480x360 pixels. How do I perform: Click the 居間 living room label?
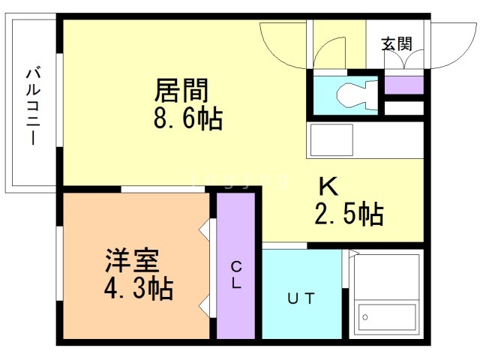pyautogui.click(x=181, y=91)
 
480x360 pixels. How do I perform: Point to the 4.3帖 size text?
pyautogui.click(x=138, y=289)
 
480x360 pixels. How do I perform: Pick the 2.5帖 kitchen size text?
pyautogui.click(x=348, y=215)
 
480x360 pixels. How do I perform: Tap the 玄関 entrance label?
pyautogui.click(x=397, y=43)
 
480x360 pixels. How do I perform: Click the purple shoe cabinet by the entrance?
pyautogui.click(x=403, y=85)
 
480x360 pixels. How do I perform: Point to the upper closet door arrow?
pyautogui.click(x=205, y=229)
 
